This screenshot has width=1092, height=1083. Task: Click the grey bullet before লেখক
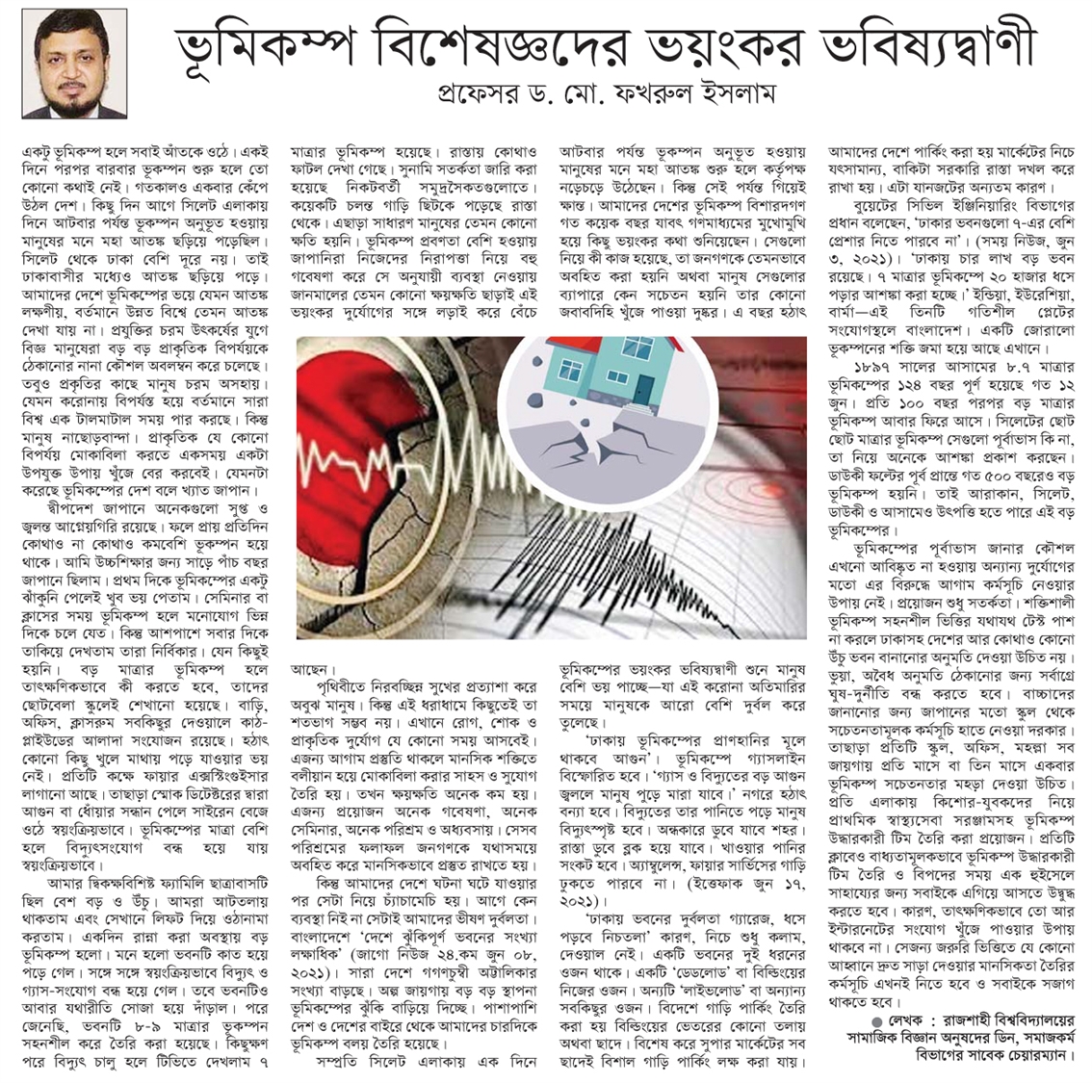coord(874,1019)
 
